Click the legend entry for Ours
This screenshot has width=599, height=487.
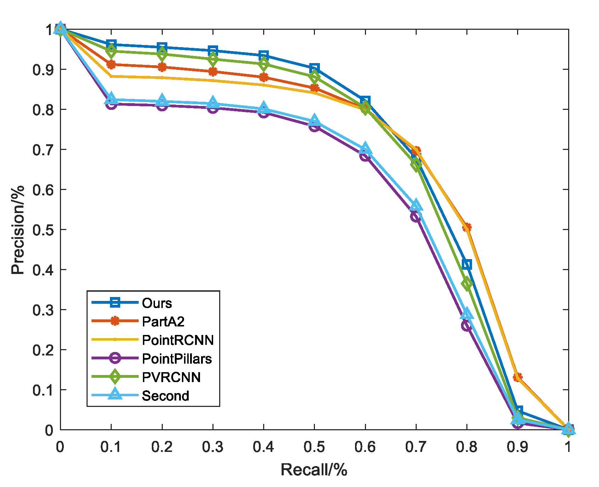click(x=157, y=303)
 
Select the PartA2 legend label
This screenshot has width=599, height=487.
click(x=163, y=321)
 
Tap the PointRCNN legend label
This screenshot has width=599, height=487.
click(x=178, y=340)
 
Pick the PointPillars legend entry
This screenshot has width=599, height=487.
click(x=177, y=359)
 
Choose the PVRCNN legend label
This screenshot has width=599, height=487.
click(x=171, y=377)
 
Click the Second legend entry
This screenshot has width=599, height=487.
click(x=165, y=396)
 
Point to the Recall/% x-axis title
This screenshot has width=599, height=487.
click(x=314, y=470)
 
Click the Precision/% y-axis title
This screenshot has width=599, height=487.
click(x=18, y=230)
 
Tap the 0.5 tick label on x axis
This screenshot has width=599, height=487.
click(x=314, y=447)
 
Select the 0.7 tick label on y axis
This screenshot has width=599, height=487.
click(x=43, y=150)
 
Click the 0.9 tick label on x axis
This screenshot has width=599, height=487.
click(x=517, y=447)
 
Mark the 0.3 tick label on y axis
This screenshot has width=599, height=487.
click(x=43, y=310)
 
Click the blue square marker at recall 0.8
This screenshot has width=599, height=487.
click(x=467, y=264)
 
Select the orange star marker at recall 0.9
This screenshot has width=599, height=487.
click(x=517, y=377)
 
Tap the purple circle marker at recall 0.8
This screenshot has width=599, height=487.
click(x=467, y=325)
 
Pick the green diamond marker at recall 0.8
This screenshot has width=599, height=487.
click(x=467, y=284)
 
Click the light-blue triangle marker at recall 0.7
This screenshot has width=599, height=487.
click(x=416, y=205)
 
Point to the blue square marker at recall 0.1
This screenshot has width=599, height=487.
click(x=111, y=45)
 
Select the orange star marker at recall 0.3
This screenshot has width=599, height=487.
click(x=212, y=72)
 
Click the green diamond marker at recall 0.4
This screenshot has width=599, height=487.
click(x=263, y=65)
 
